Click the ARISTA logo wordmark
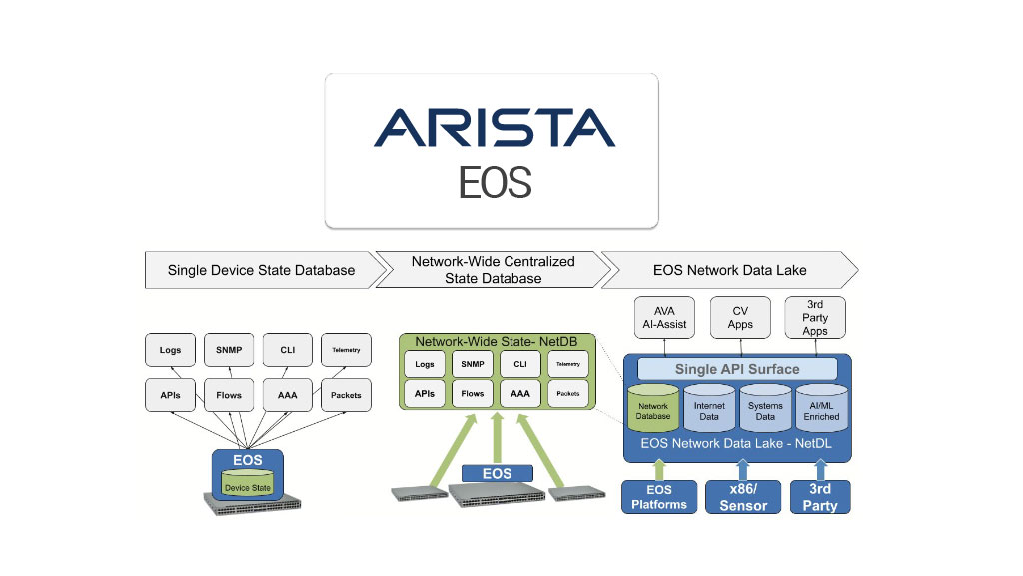point(495,127)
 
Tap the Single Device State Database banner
point(261,270)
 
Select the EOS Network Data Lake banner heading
point(729,270)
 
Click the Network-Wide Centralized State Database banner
point(493,270)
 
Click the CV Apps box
point(741,317)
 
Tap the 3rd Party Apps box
point(815,317)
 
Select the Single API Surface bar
point(736,369)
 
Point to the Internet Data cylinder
point(709,410)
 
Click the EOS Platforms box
point(658,497)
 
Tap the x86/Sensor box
point(743,497)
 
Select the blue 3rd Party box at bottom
point(820,497)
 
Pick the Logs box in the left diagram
point(170,350)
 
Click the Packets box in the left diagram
point(346,395)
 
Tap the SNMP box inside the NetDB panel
point(473,365)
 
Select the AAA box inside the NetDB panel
point(519,394)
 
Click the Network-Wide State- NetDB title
point(496,341)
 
